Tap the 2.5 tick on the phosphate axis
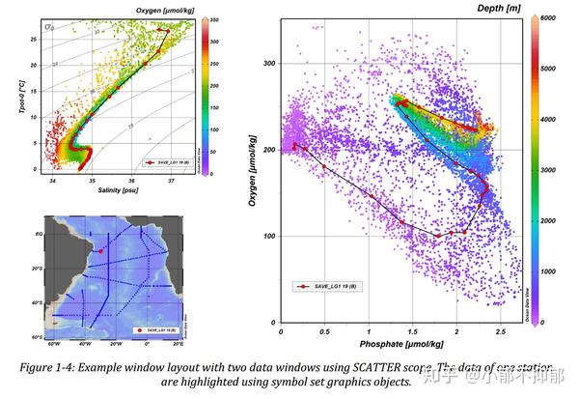[500, 332]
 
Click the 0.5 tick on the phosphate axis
[323, 332]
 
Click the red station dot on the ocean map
[101, 252]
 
